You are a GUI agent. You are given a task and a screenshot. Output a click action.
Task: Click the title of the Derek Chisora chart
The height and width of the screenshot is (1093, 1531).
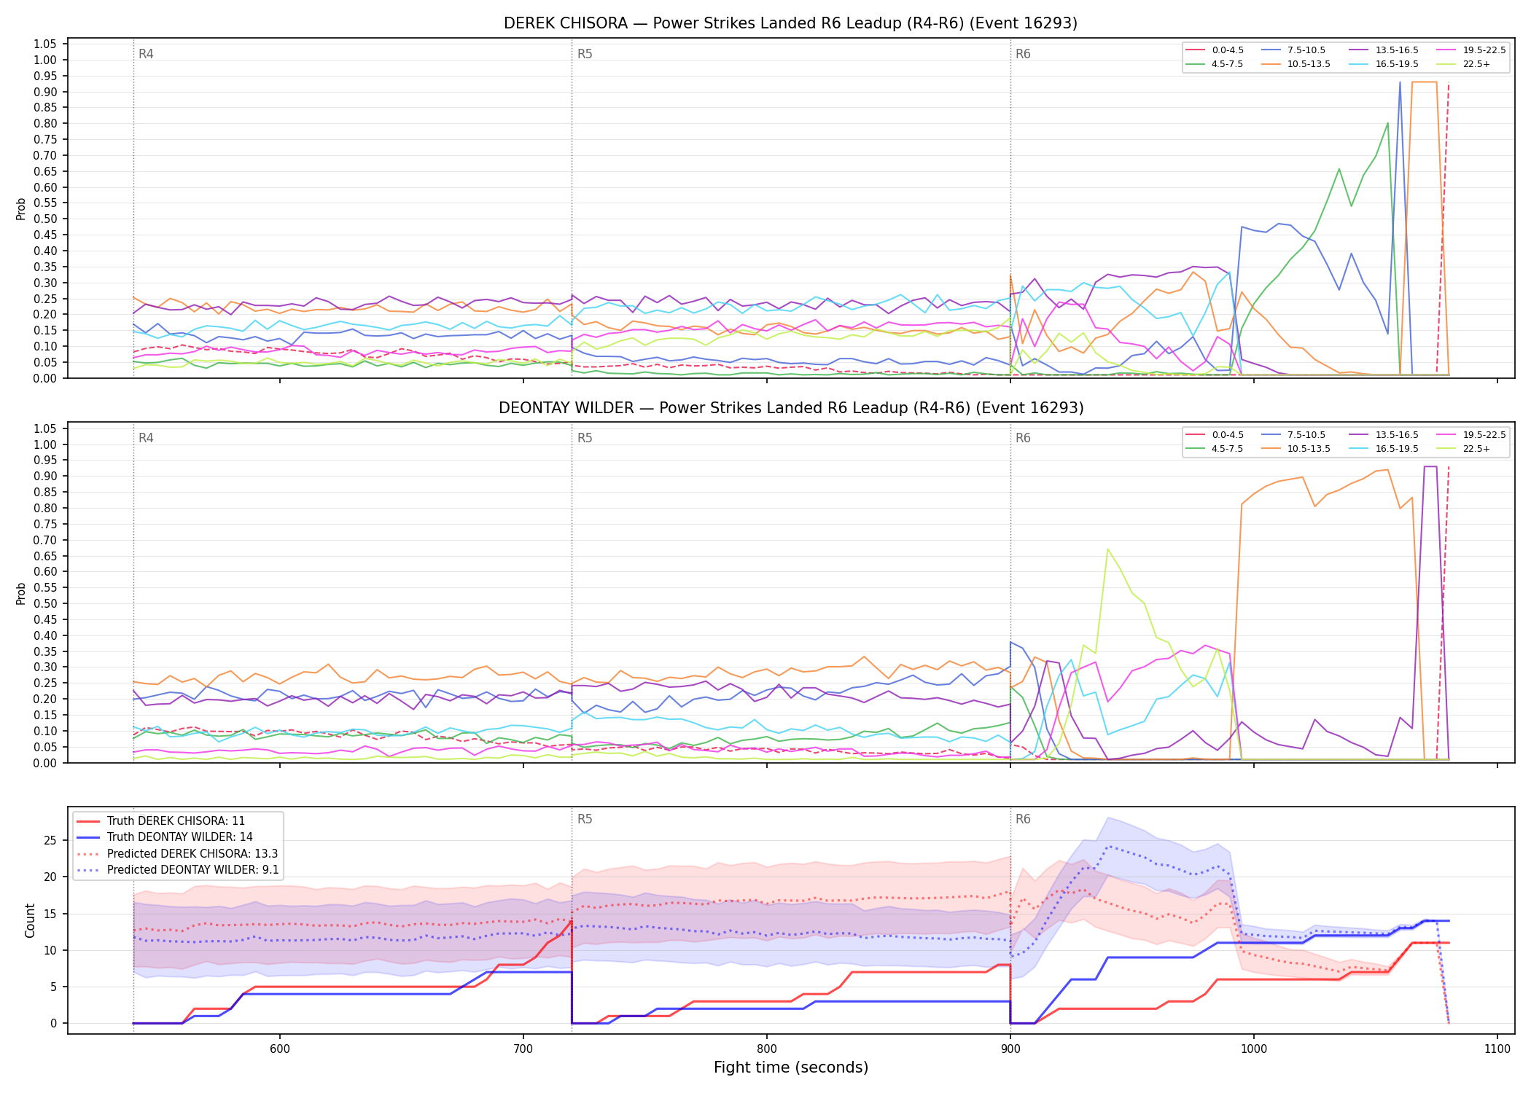[790, 23]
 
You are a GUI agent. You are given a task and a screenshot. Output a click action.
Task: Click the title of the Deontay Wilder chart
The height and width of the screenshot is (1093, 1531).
[791, 408]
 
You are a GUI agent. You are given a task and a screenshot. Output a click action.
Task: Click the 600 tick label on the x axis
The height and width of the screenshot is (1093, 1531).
[280, 1049]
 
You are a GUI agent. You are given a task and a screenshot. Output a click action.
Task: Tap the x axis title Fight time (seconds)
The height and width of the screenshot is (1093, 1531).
[791, 1067]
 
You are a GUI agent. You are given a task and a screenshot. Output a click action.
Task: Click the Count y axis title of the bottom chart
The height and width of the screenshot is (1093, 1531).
[30, 920]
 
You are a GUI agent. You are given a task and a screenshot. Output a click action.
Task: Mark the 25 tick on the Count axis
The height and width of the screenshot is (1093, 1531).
[50, 841]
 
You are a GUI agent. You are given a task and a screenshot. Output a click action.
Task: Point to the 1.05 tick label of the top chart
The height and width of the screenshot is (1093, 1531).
[45, 44]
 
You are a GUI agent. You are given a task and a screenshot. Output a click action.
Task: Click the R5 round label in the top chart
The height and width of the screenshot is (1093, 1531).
[585, 54]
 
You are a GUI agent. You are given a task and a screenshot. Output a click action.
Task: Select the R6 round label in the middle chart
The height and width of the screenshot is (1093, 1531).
[1023, 438]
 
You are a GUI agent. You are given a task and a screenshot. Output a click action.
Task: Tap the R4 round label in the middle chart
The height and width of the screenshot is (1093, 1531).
[146, 438]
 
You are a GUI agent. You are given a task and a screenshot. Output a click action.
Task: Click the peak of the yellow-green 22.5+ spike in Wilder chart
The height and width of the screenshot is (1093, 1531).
[1107, 549]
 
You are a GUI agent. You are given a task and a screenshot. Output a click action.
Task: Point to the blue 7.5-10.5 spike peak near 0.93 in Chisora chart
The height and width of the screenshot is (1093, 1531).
[1400, 82]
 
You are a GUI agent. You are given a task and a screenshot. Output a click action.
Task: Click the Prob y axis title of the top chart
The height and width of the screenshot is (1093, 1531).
[21, 209]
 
